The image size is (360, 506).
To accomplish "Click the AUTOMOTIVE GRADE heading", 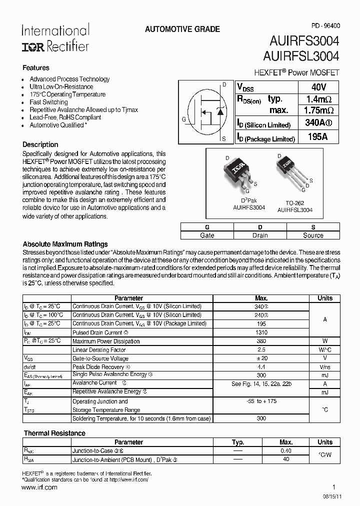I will (182, 29).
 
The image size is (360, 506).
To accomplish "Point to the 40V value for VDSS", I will (318, 86).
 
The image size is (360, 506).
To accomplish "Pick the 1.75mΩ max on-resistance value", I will (318, 110).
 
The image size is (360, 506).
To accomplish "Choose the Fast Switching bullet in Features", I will (48, 102).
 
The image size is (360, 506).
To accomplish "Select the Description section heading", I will (40, 144).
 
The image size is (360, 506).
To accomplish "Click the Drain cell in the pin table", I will (260, 235).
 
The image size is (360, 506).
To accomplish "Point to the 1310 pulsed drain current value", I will (261, 332).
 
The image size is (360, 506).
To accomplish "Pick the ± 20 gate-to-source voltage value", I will (261, 358).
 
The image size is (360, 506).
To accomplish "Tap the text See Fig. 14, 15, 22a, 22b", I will (261, 384).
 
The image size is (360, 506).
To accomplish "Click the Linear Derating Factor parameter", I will (99, 350).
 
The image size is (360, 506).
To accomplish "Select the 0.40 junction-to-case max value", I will (286, 450).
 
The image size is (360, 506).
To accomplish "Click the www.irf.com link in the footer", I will (40, 487).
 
